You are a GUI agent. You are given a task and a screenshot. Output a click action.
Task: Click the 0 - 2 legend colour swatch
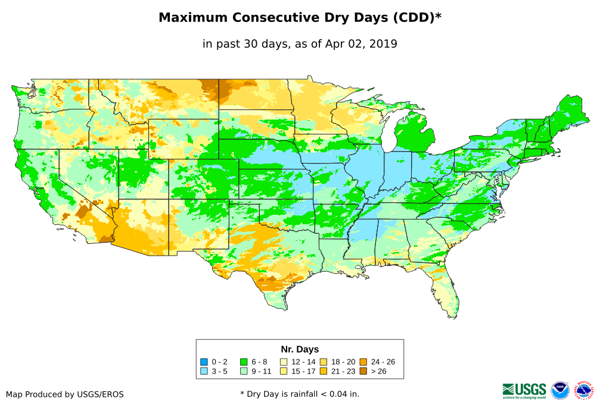[x=204, y=362]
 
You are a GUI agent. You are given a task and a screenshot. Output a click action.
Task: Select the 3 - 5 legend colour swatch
[x=204, y=372]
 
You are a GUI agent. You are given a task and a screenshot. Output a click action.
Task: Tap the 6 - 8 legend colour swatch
[x=243, y=362]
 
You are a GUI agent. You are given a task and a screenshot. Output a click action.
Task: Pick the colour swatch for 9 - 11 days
[x=243, y=372]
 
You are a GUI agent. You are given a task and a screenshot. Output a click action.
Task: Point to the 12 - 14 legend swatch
[x=284, y=362]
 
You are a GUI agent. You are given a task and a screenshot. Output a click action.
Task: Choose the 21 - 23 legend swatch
[x=324, y=372]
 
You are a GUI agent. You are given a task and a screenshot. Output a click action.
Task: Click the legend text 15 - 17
[x=303, y=372]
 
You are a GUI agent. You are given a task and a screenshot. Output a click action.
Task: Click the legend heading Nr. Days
[x=300, y=349]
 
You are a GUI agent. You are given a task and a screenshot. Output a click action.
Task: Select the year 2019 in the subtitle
[x=383, y=43]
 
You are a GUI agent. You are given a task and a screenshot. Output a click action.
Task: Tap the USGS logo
[x=524, y=390]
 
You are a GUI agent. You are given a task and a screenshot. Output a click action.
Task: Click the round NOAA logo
[x=560, y=390]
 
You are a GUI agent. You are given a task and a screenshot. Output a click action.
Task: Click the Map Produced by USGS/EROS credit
[x=65, y=394]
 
